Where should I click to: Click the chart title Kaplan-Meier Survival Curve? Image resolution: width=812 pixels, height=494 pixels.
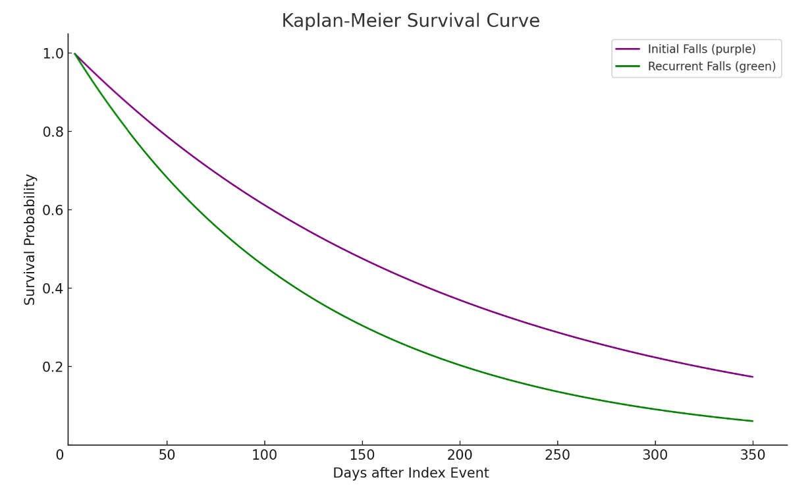[x=410, y=21]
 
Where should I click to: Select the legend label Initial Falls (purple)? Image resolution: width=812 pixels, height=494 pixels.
[x=701, y=49]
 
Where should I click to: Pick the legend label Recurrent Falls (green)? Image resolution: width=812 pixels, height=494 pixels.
[x=711, y=67]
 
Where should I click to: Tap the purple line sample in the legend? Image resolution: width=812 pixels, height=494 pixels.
[x=628, y=49]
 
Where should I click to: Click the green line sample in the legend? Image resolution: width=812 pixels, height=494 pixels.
[x=628, y=67]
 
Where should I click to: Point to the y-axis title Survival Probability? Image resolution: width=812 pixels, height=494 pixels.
[x=30, y=240]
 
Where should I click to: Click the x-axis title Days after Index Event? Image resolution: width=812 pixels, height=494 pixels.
[x=410, y=473]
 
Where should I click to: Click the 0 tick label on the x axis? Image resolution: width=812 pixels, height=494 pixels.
[x=60, y=455]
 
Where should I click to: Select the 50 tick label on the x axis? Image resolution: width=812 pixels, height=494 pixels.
[x=167, y=455]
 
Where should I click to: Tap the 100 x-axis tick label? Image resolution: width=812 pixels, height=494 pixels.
[x=264, y=455]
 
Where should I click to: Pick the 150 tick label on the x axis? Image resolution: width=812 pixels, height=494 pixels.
[x=362, y=455]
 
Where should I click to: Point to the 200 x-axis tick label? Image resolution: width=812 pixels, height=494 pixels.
[x=460, y=455]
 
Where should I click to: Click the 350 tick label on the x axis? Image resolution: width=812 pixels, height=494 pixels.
[x=753, y=455]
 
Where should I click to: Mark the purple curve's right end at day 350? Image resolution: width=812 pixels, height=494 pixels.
[x=753, y=377]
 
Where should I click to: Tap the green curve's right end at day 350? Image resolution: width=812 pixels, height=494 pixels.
[x=753, y=421]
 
